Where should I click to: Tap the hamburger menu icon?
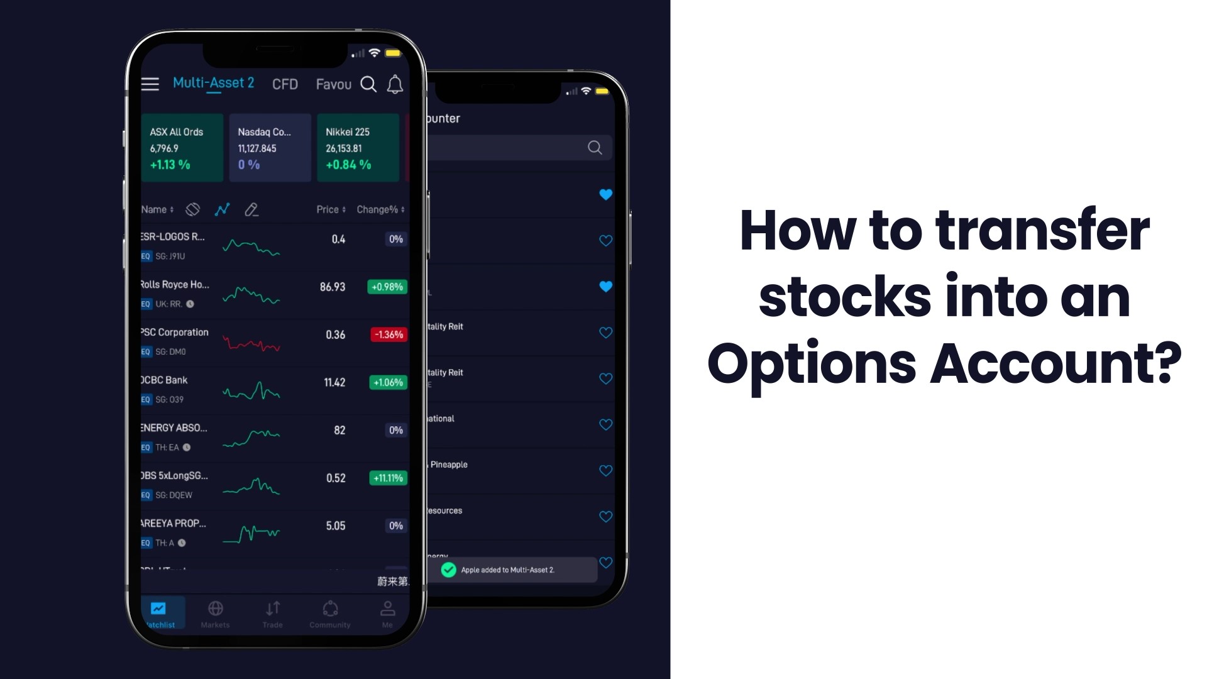click(x=150, y=84)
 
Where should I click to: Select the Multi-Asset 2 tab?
click(x=213, y=83)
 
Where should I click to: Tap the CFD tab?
click(x=285, y=84)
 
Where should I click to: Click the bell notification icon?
click(x=395, y=84)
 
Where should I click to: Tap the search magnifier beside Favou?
click(x=368, y=84)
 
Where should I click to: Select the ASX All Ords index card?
click(x=182, y=148)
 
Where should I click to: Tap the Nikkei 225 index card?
click(x=358, y=148)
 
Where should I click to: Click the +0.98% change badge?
click(x=387, y=287)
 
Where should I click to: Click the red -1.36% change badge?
click(x=389, y=334)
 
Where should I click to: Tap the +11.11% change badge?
click(x=388, y=478)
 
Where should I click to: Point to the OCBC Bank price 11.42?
click(x=334, y=382)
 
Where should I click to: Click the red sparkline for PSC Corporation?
click(x=251, y=343)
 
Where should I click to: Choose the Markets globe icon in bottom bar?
click(x=215, y=609)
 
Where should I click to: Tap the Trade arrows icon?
click(x=272, y=609)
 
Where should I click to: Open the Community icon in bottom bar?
click(x=330, y=609)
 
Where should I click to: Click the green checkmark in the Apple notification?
click(x=448, y=570)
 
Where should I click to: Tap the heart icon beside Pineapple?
click(x=605, y=470)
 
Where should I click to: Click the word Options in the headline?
click(x=812, y=364)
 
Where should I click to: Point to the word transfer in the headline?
click(x=1042, y=230)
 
